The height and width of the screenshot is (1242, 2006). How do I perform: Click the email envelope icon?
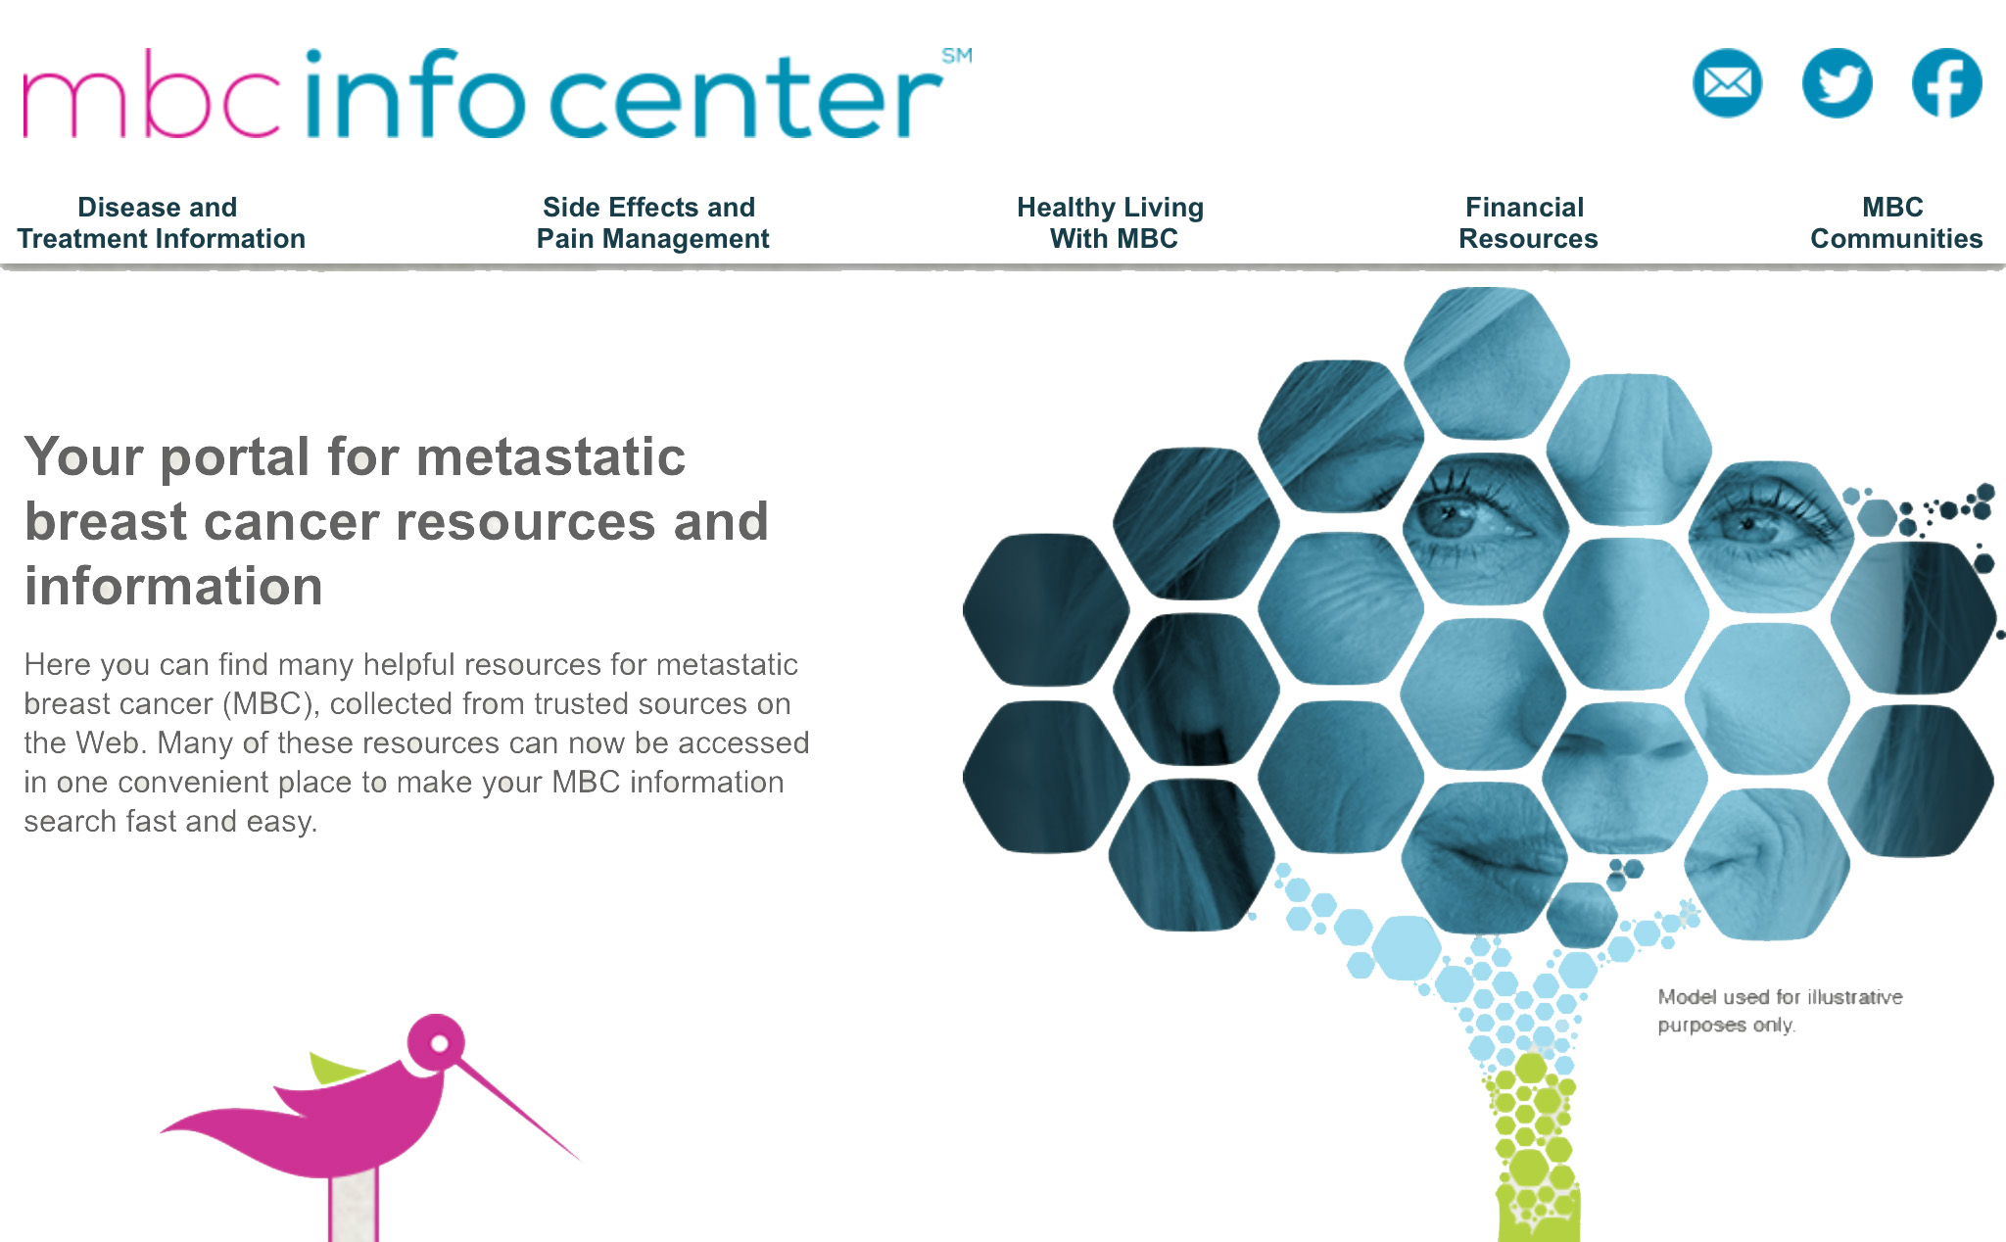click(x=1727, y=83)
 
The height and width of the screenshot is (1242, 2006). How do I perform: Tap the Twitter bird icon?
click(x=1837, y=83)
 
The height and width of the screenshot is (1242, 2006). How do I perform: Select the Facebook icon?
click(x=1946, y=83)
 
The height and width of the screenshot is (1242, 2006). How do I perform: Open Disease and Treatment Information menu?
click(x=161, y=222)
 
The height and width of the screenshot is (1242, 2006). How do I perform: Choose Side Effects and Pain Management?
click(x=652, y=222)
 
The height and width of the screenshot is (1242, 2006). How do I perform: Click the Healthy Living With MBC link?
click(x=1111, y=222)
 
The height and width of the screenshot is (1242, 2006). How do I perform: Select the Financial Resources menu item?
click(x=1528, y=222)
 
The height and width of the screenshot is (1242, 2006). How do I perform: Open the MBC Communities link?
click(x=1896, y=222)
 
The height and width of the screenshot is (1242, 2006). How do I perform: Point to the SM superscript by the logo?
click(x=957, y=56)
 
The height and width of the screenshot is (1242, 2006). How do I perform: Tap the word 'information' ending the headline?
click(x=173, y=587)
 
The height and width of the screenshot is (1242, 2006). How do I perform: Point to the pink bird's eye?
click(x=440, y=1043)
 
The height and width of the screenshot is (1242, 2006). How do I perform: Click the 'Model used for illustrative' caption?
click(x=1780, y=997)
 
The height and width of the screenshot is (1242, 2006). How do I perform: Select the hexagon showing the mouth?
click(x=1484, y=858)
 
